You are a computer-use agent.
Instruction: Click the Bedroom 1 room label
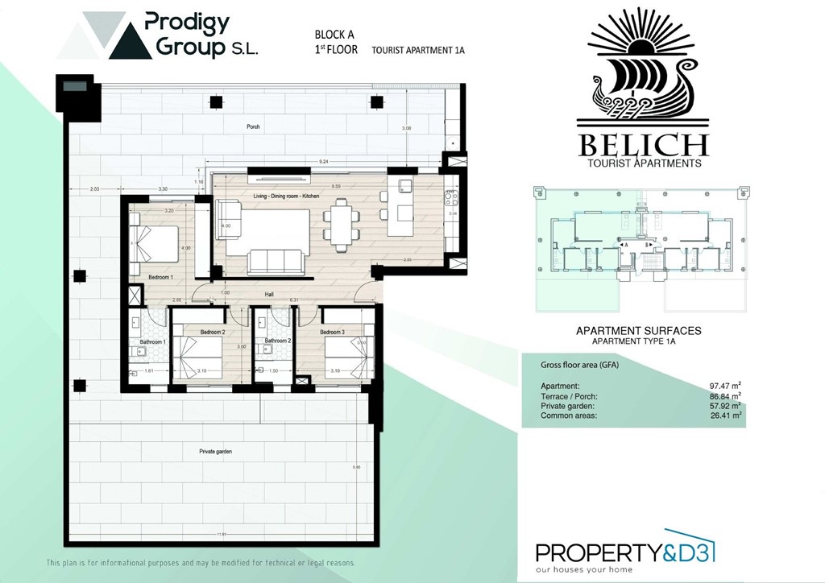[x=160, y=278]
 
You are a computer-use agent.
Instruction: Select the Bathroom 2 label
[x=279, y=341]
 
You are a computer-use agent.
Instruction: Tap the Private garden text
[x=215, y=453]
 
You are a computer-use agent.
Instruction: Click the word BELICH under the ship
[x=642, y=146]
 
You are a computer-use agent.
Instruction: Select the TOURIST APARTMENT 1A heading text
[x=418, y=50]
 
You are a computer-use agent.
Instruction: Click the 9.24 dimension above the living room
[x=324, y=163]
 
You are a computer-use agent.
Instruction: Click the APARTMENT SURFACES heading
[x=638, y=331]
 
